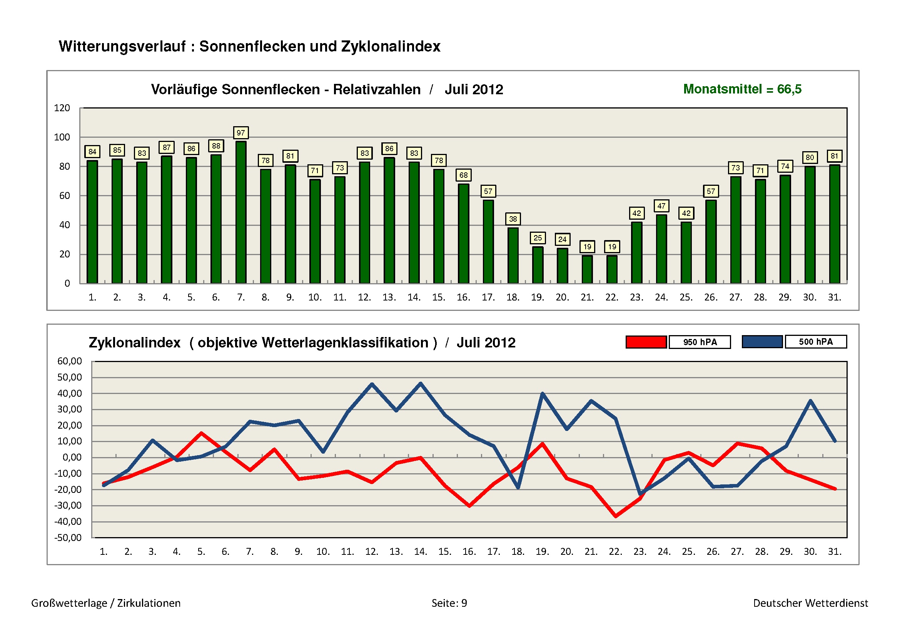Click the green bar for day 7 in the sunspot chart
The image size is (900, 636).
pyautogui.click(x=240, y=212)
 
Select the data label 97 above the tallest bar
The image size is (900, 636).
pyautogui.click(x=240, y=133)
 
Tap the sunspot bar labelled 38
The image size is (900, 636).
pyautogui.click(x=513, y=255)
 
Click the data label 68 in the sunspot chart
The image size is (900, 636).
pyautogui.click(x=463, y=175)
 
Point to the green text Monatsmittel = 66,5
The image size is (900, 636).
pyautogui.click(x=742, y=89)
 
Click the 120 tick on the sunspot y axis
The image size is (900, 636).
pyautogui.click(x=62, y=108)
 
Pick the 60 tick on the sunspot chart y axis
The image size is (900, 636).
pyautogui.click(x=65, y=196)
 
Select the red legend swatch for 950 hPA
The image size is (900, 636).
pyautogui.click(x=646, y=342)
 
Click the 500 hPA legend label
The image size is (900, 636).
pyautogui.click(x=815, y=342)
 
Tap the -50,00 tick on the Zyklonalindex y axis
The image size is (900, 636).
pyautogui.click(x=68, y=538)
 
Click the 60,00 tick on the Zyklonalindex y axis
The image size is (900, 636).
pyautogui.click(x=69, y=361)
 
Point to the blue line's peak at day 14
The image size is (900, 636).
pyautogui.click(x=421, y=383)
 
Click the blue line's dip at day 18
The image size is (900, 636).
pyautogui.click(x=518, y=487)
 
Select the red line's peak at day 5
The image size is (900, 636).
pyautogui.click(x=201, y=433)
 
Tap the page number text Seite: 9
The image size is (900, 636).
pyautogui.click(x=449, y=603)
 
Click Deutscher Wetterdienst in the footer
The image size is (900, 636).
pyautogui.click(x=810, y=603)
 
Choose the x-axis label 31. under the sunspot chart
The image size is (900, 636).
pyautogui.click(x=834, y=297)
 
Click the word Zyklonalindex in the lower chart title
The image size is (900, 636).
pyautogui.click(x=134, y=342)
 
